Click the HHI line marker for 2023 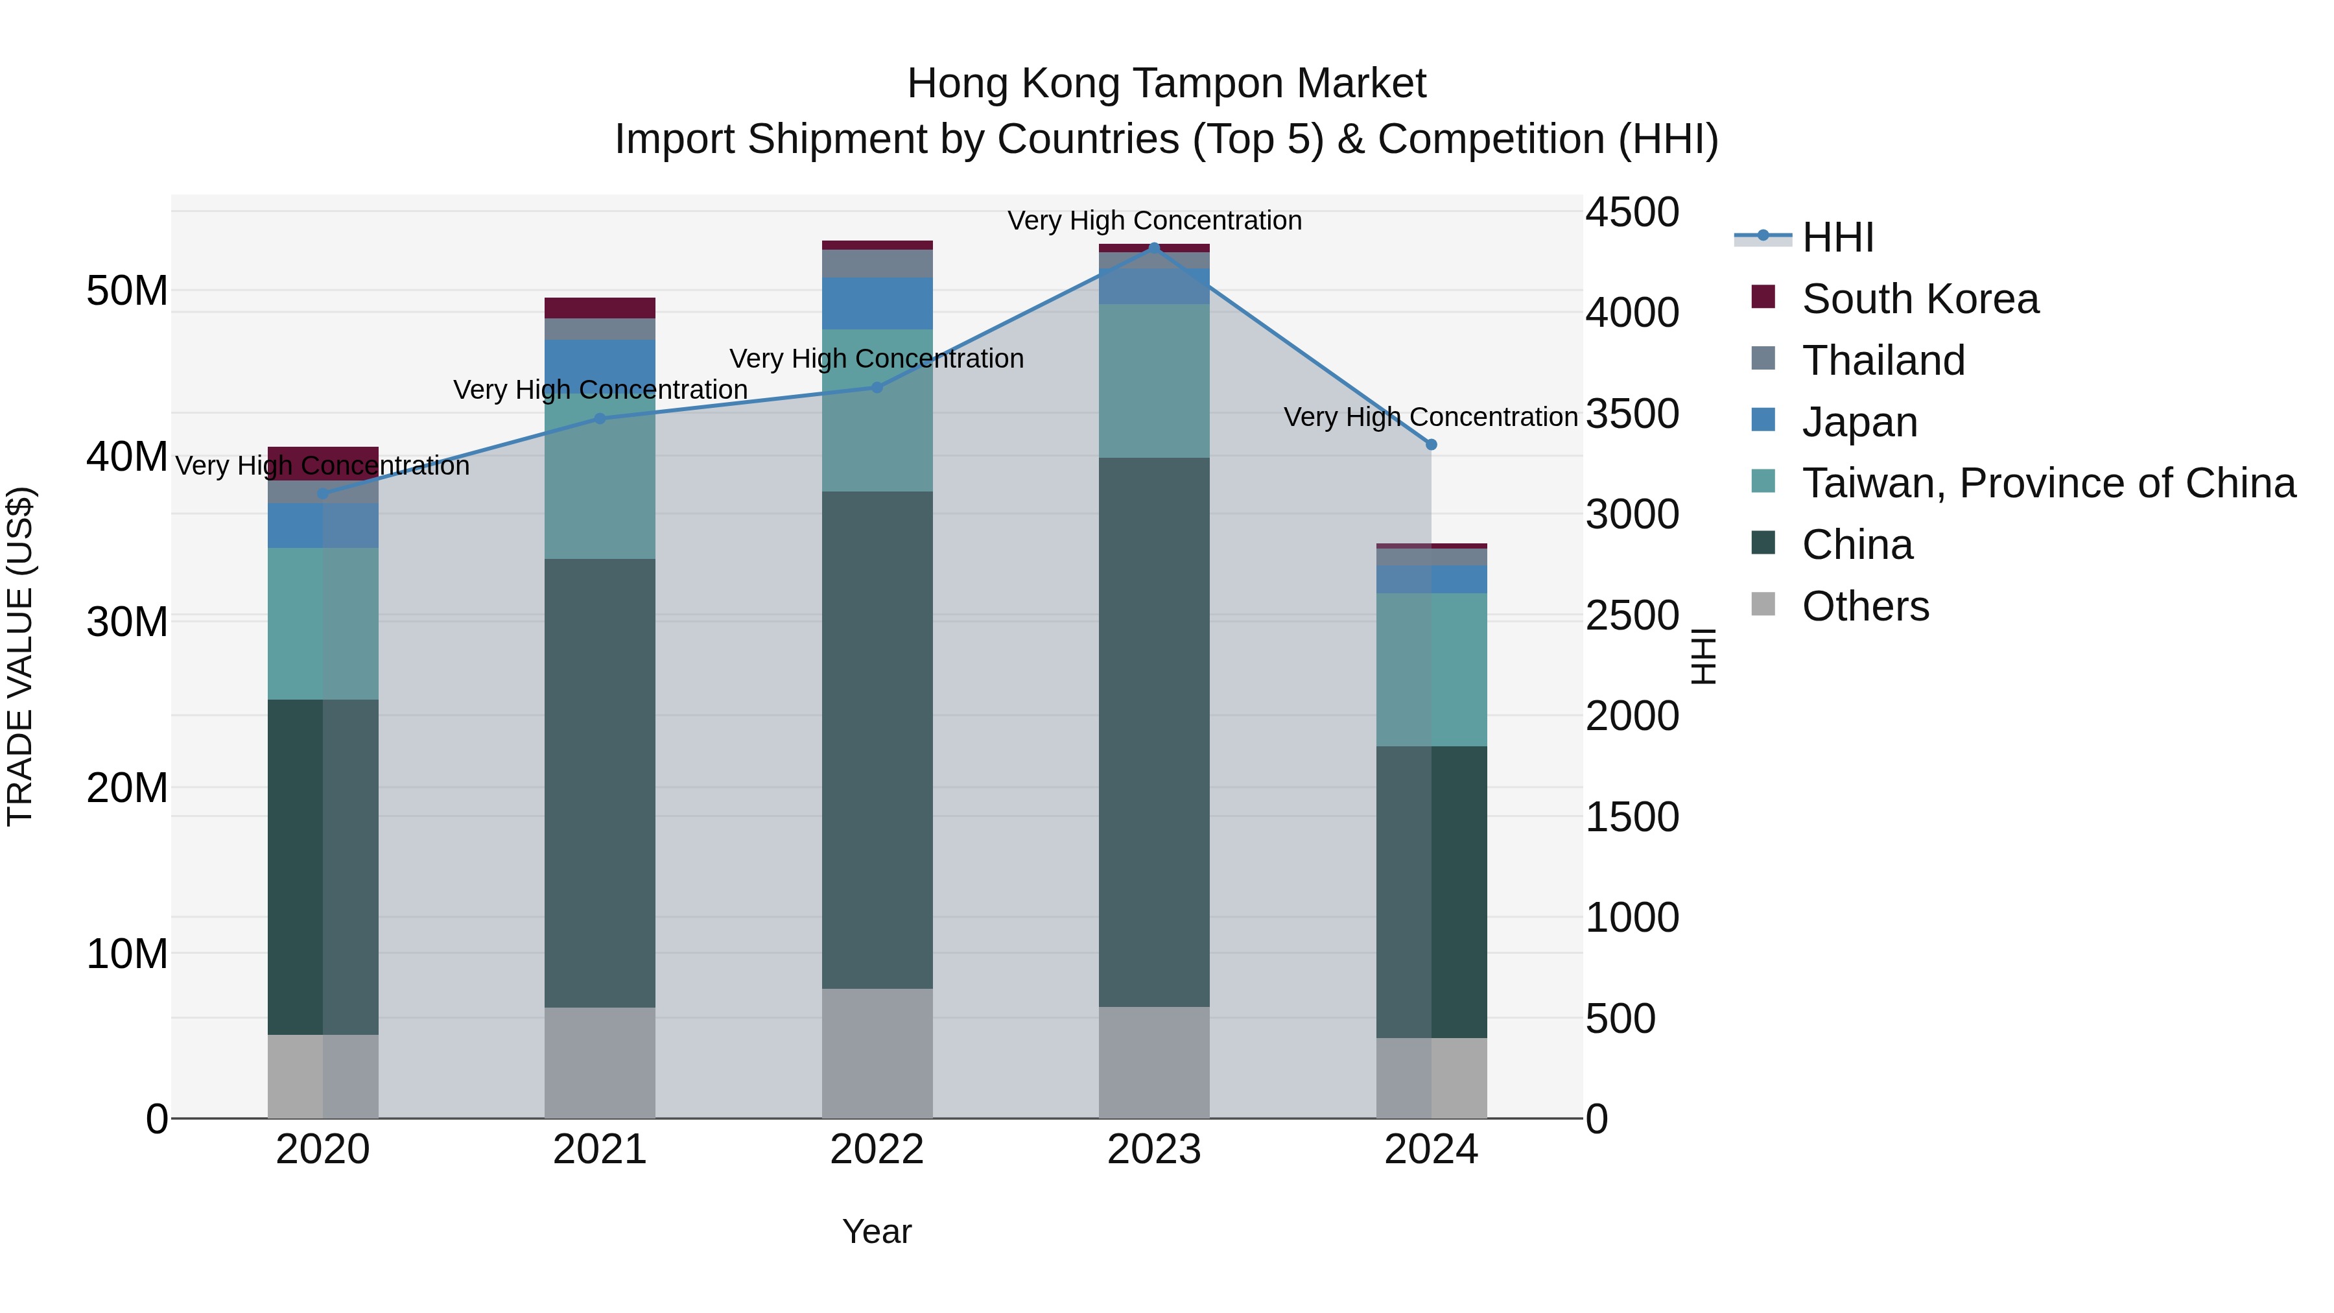pos(1153,248)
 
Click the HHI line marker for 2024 pos(1431,444)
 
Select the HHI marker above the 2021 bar pos(600,419)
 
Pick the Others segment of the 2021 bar pos(600,1062)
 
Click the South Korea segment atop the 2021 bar pos(600,308)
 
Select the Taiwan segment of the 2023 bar pos(1153,381)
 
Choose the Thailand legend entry pos(1883,361)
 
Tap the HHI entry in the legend pos(1837,237)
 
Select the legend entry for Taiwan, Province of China pos(2047,483)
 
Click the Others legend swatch pos(1763,604)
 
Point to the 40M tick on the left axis pos(127,456)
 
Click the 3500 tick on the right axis pos(1632,414)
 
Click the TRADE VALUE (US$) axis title pos(20,656)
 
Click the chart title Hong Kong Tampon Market pos(1166,84)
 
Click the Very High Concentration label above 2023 pos(1153,220)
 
